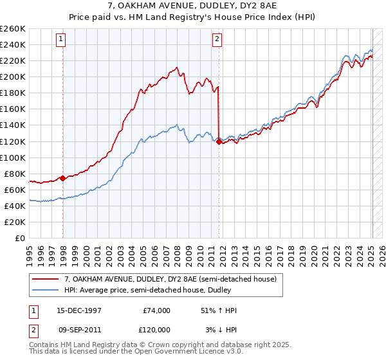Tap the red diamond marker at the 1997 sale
pyautogui.click(x=62, y=178)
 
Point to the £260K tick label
pyautogui.click(x=13, y=29)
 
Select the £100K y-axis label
pyautogui.click(x=13, y=157)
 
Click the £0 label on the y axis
pyautogui.click(x=19, y=238)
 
